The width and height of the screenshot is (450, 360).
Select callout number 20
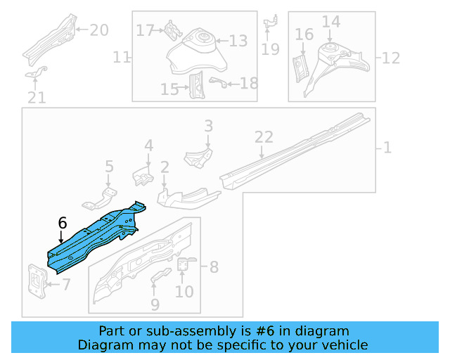tap(98, 30)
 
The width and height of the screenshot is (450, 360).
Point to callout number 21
tap(37, 98)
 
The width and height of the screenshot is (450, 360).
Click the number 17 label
tap(145, 30)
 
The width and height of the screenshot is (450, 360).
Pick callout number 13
tap(238, 41)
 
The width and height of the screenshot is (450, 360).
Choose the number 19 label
tap(270, 49)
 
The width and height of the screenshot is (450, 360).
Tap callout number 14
tap(331, 22)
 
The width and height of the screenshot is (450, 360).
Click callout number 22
tap(263, 137)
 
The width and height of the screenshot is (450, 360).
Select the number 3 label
tap(208, 126)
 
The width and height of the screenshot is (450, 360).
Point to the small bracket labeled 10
tap(185, 264)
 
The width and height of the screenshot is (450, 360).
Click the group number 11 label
tap(122, 56)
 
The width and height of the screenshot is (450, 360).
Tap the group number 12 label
tap(390, 56)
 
